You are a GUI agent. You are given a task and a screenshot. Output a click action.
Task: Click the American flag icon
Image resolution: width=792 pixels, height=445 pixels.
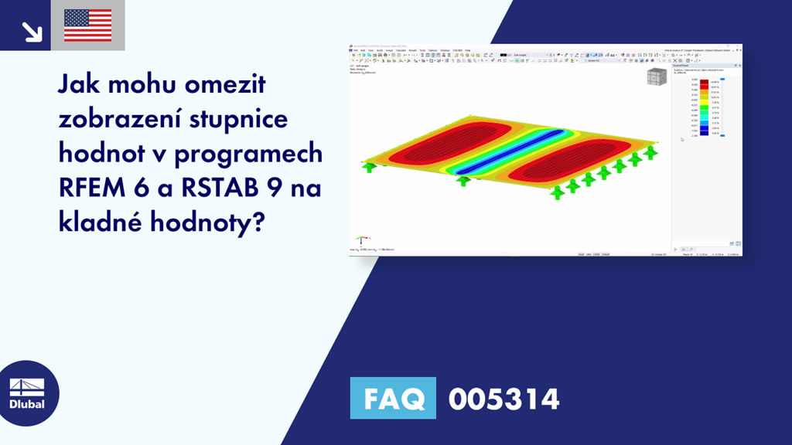(x=87, y=25)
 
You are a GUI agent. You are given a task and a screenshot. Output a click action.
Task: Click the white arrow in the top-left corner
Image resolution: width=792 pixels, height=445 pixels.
(x=32, y=31)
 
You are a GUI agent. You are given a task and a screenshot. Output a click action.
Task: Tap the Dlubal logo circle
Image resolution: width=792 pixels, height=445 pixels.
(x=27, y=392)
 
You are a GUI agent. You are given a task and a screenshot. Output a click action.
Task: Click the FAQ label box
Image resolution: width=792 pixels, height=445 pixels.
(x=393, y=399)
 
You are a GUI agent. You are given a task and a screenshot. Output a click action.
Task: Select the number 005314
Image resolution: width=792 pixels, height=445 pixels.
(x=504, y=399)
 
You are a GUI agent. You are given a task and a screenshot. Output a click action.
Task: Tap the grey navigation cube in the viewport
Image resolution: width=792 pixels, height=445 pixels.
(x=656, y=79)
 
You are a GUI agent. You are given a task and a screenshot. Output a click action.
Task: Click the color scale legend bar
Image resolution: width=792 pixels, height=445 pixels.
(x=704, y=108)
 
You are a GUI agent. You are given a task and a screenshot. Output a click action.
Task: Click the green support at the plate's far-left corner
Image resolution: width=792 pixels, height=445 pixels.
(x=369, y=166)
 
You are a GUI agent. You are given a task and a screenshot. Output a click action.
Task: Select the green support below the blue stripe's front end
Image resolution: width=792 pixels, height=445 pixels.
(x=463, y=181)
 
